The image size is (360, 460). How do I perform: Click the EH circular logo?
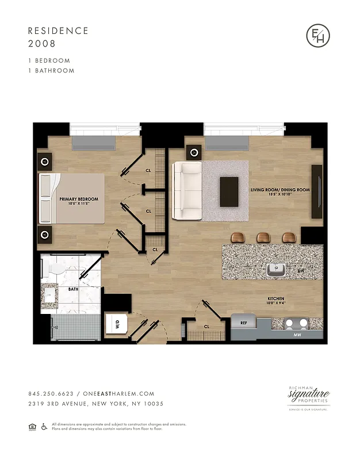(318, 36)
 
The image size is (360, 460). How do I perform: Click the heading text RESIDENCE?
(58, 30)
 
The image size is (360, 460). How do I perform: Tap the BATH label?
(73, 290)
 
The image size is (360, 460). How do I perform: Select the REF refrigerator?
(244, 323)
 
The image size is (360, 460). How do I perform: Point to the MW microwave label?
(297, 334)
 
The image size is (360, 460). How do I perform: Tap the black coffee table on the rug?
(229, 191)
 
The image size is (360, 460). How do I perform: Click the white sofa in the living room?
(186, 190)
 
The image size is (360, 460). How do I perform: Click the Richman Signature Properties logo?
(308, 396)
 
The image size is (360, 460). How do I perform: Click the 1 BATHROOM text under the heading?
(51, 71)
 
